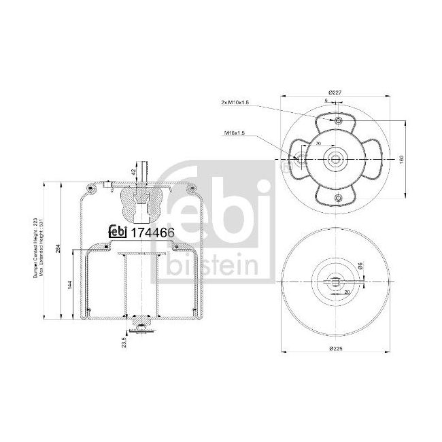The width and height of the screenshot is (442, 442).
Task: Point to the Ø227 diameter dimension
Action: click(335, 92)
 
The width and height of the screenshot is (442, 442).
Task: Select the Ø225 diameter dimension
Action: click(335, 347)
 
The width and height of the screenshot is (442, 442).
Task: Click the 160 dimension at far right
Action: click(401, 158)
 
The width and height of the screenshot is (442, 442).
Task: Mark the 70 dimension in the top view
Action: click(319, 145)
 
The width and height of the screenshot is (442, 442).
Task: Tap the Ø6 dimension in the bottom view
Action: click(360, 268)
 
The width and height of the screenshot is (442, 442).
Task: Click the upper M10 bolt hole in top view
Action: click(337, 121)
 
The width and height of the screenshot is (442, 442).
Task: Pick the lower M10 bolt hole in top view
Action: click(337, 197)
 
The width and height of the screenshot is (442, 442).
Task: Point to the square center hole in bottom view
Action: click(335, 281)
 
